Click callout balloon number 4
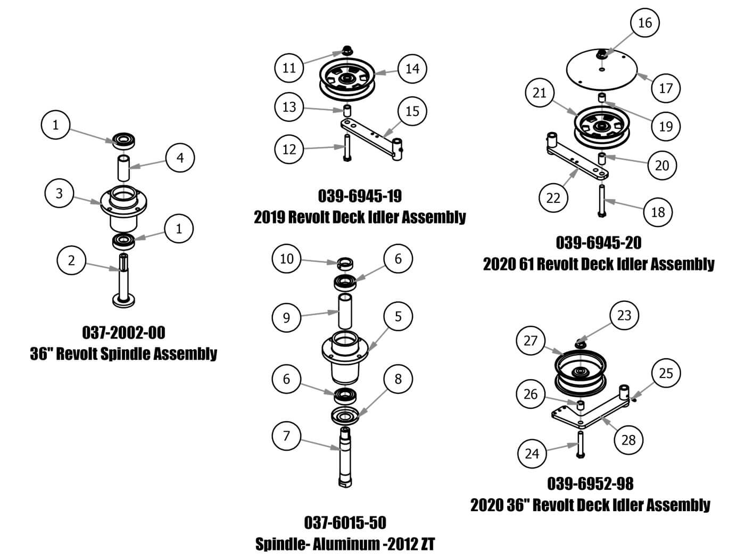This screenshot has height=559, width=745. (180, 158)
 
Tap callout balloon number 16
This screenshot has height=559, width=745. (644, 23)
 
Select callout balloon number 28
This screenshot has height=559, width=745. (628, 440)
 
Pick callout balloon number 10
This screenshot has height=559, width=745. (287, 259)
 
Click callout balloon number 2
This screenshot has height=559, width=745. (71, 260)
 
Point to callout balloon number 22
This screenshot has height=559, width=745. (553, 198)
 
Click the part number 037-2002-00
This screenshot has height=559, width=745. (123, 333)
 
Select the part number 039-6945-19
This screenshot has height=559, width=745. (360, 196)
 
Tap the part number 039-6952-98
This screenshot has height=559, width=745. (590, 483)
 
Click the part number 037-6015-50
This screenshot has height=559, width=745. (345, 522)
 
